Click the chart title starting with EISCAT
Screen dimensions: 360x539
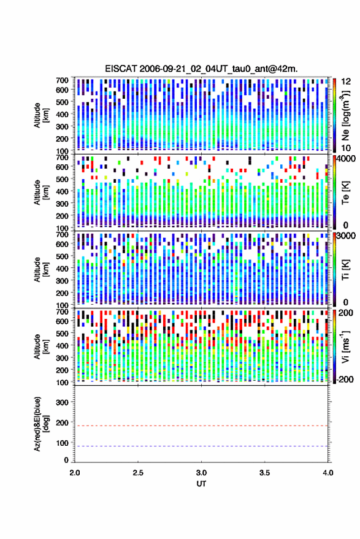[x=201, y=69]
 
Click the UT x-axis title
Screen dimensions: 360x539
[x=201, y=484]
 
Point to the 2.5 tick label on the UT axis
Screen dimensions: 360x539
[x=138, y=473]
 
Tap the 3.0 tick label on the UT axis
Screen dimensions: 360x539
[x=202, y=473]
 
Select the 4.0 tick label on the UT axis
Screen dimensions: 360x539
[x=328, y=473]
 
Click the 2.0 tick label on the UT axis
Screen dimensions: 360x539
[x=75, y=473]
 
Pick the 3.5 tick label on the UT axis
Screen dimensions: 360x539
[x=265, y=473]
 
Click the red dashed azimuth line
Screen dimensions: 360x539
[x=201, y=426]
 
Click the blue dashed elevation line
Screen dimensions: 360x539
[x=201, y=446]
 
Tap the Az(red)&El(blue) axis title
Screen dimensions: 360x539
[x=41, y=424]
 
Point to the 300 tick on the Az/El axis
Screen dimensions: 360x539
[x=62, y=402]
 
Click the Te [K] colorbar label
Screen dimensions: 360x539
[x=345, y=193]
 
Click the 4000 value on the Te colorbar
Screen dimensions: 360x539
[x=347, y=159]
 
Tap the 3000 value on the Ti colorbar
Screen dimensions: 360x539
[x=347, y=236]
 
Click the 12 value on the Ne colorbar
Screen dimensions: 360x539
[x=346, y=82]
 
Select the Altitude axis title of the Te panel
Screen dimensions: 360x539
[x=41, y=192]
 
